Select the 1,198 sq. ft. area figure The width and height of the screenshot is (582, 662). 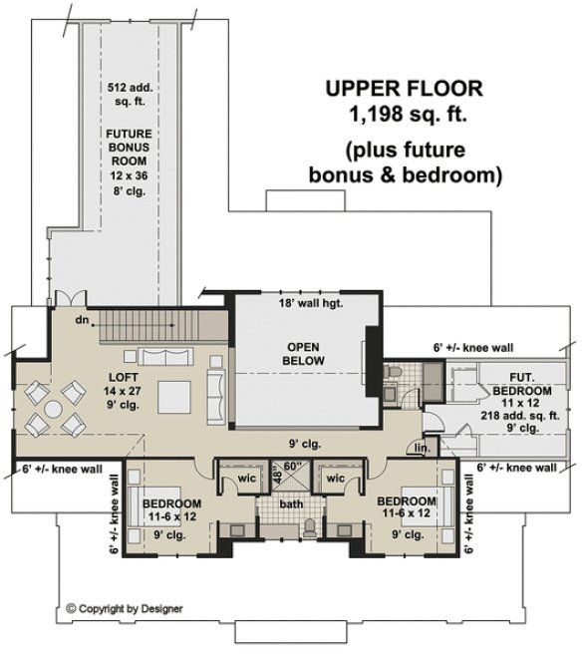tap(403, 115)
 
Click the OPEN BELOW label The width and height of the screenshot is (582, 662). tap(300, 353)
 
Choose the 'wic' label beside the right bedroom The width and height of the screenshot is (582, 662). tap(335, 478)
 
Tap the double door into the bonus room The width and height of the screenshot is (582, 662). tap(65, 300)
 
